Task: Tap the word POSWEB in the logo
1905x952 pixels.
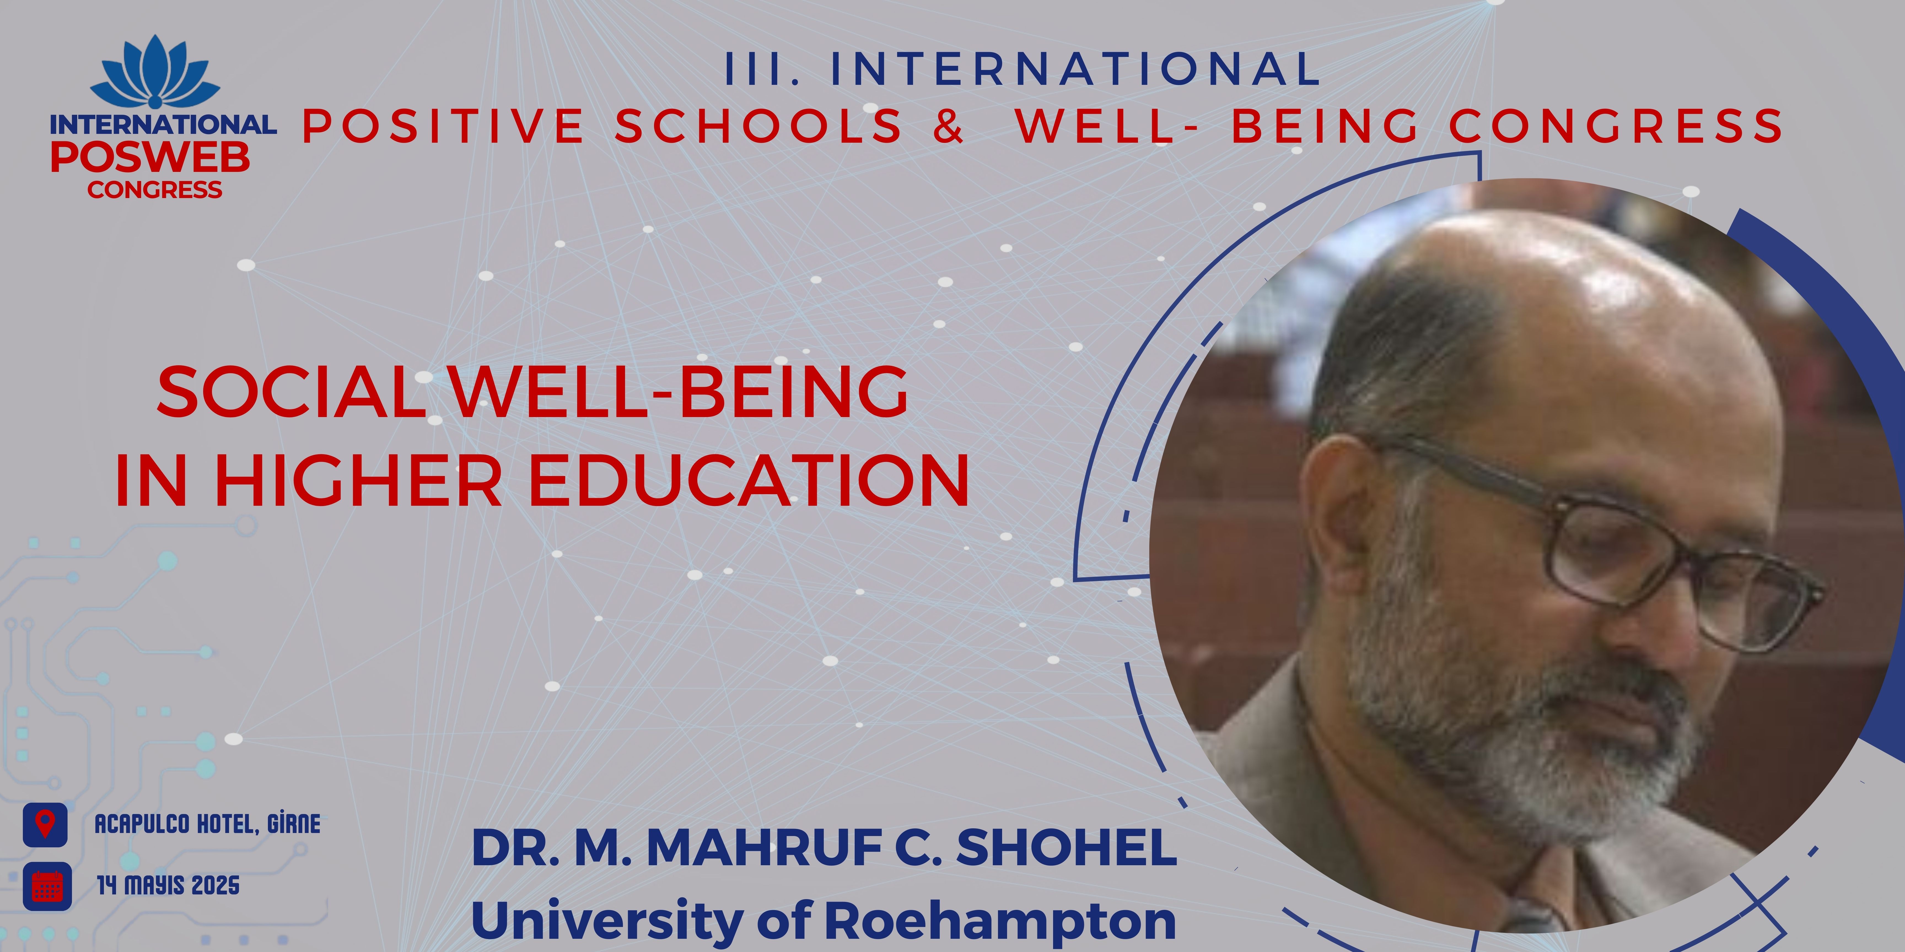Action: point(150,157)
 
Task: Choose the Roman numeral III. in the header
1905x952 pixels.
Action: point(762,69)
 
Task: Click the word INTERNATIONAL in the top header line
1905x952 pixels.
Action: point(1075,69)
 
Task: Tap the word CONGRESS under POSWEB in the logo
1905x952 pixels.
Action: point(155,190)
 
